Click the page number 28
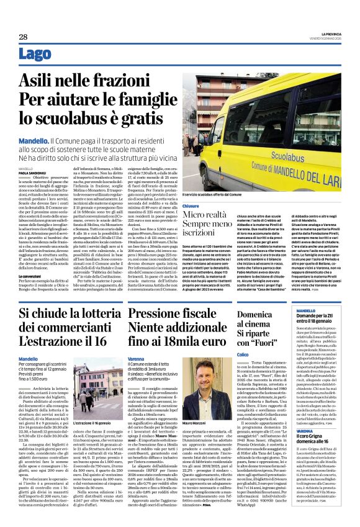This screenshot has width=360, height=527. point(23,37)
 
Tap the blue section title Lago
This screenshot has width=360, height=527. point(36,55)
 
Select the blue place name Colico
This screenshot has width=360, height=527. point(244,354)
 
